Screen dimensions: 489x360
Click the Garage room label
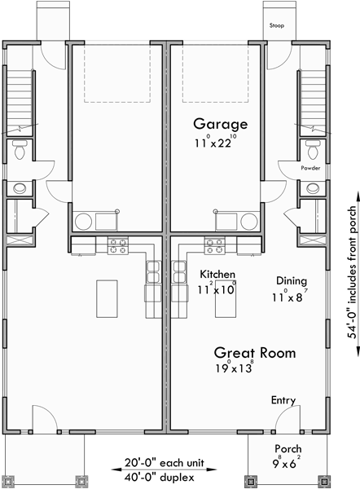(x=220, y=124)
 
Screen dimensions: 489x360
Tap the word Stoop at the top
(x=278, y=25)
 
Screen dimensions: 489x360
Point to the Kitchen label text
(x=217, y=275)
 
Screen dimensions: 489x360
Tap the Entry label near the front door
(x=283, y=401)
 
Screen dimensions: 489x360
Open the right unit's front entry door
(x=283, y=419)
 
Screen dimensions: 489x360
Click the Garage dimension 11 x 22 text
(x=220, y=141)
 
